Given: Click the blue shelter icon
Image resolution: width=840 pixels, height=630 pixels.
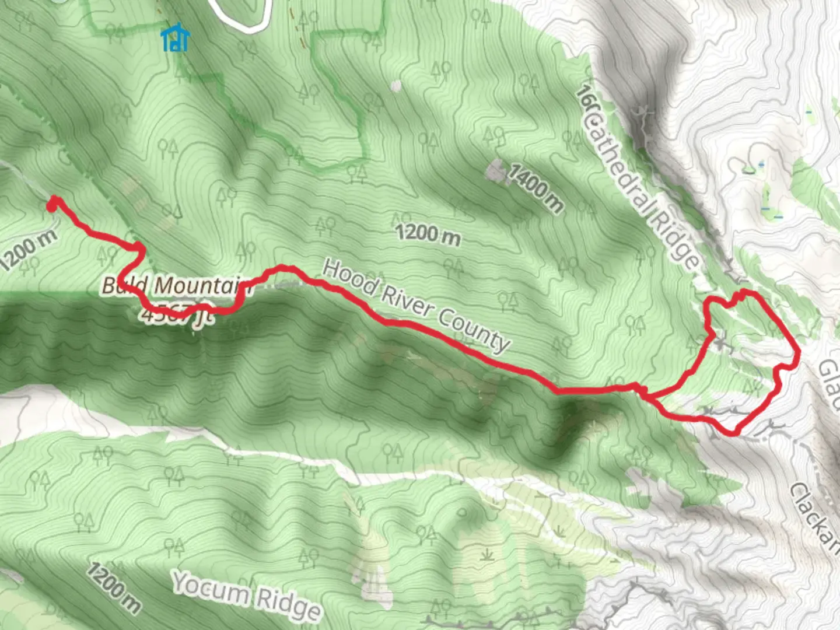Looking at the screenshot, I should click(x=175, y=38).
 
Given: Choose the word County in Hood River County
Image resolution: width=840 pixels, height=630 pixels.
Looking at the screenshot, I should click(x=474, y=333).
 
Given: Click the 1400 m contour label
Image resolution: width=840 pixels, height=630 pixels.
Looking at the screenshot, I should click(x=535, y=188).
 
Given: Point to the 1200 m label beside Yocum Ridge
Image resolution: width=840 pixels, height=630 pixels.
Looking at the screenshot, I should click(x=114, y=588).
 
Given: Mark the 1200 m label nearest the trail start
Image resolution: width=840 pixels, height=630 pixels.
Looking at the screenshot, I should click(x=28, y=250).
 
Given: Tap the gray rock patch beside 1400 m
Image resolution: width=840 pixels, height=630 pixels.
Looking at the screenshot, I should click(x=496, y=171).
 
